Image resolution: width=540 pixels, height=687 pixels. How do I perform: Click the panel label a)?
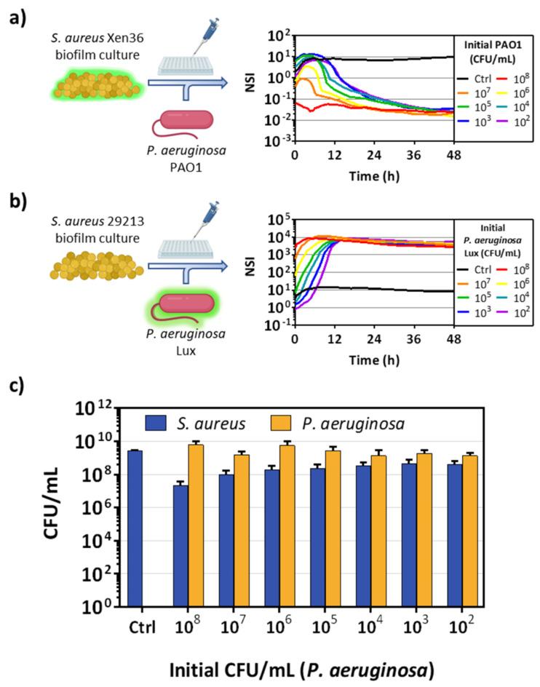17,19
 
